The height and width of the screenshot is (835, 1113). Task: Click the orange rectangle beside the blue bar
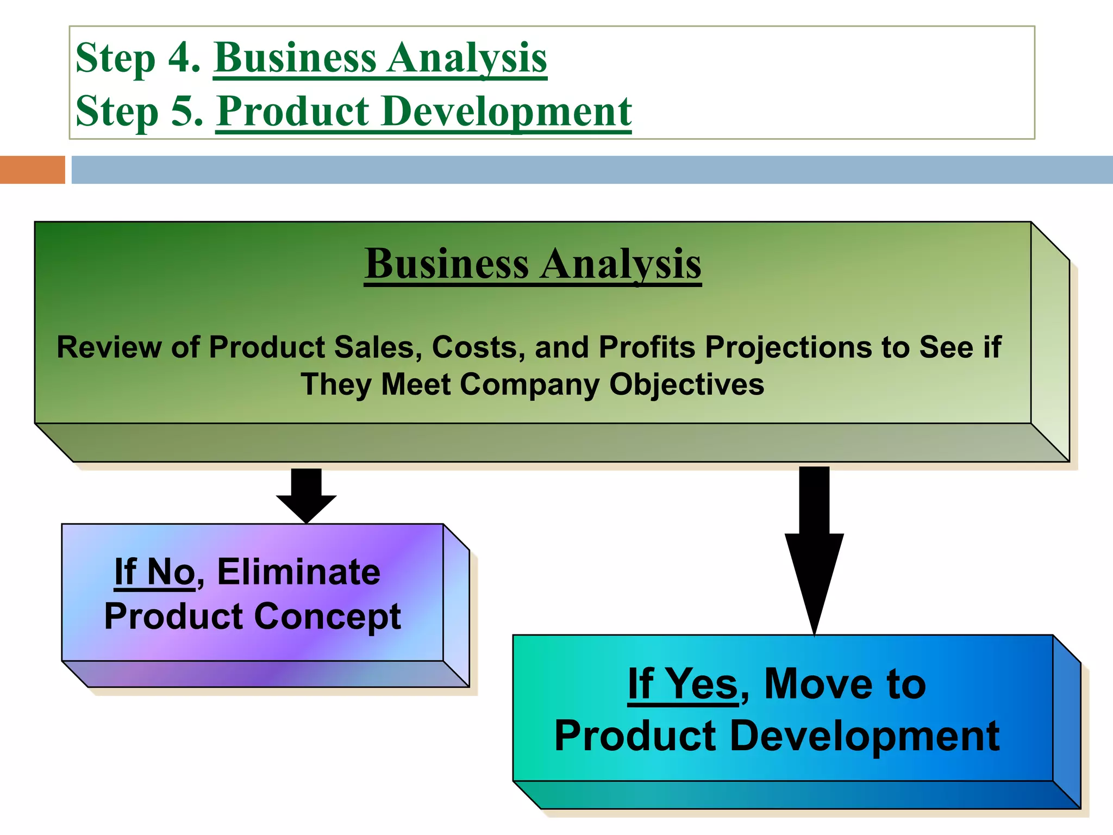32,170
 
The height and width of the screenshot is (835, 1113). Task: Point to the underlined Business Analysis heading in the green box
533,264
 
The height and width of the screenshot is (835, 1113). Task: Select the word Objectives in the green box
686,384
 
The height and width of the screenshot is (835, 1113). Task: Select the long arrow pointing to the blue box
814,549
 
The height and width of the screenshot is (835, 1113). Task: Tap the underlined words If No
154,572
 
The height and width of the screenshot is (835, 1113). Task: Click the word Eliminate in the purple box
299,572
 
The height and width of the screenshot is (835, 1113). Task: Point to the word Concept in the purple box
327,616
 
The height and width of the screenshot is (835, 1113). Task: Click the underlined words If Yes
683,684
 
